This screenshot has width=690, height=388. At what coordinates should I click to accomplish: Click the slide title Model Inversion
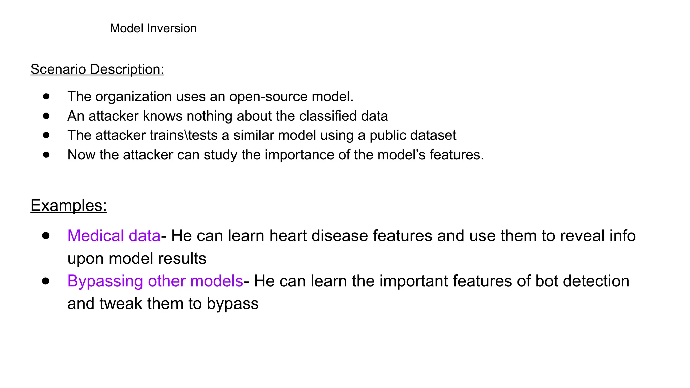[153, 28]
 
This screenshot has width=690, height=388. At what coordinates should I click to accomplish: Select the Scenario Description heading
[97, 69]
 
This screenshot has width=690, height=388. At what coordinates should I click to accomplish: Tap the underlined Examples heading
[69, 205]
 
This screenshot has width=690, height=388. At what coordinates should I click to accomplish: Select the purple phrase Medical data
[114, 236]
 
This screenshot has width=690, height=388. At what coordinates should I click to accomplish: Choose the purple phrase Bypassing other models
[155, 281]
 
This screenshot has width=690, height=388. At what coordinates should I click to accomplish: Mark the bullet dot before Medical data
[46, 235]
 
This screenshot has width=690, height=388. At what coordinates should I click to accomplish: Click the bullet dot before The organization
[46, 97]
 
